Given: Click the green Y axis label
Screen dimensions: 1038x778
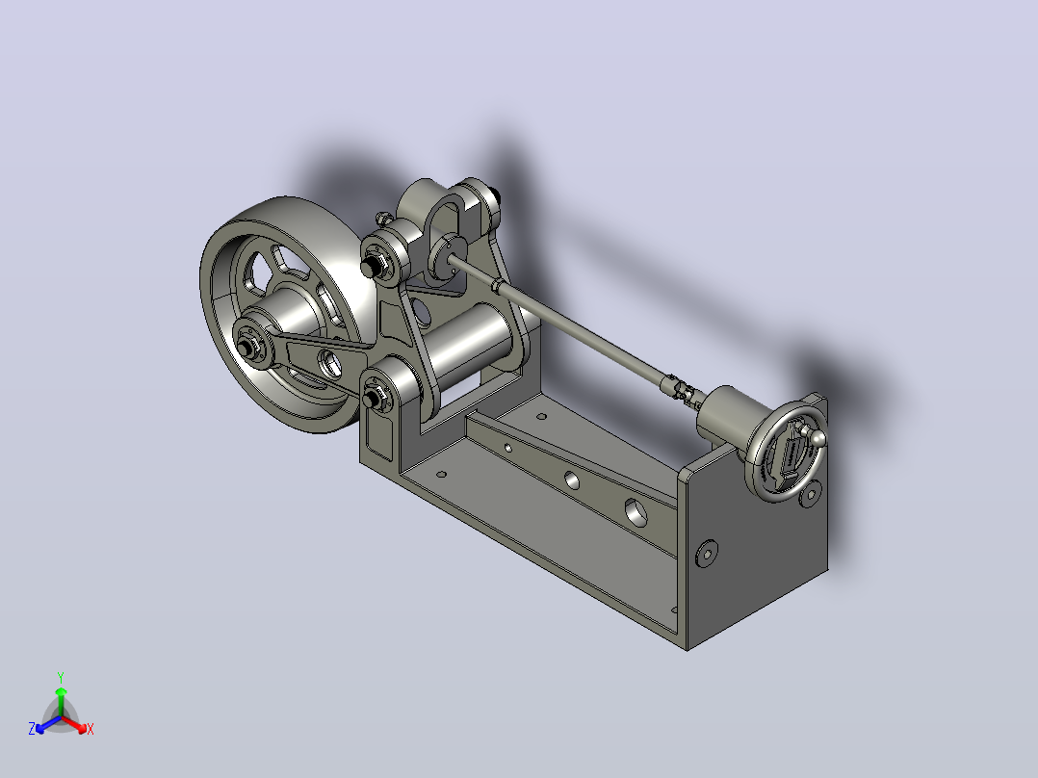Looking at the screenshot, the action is point(61,677).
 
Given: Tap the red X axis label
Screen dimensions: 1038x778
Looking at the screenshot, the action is point(91,729).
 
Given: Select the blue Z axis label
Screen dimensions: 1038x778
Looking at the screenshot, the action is point(32,728).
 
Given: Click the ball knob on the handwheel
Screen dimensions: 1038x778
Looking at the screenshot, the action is point(818,436).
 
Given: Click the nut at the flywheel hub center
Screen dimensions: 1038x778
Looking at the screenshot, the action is point(247,347).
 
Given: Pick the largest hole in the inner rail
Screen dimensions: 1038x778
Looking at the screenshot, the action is point(636,511).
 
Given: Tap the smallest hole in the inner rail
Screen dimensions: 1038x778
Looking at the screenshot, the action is point(507,449).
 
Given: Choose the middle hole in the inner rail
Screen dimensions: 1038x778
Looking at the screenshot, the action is point(571,480).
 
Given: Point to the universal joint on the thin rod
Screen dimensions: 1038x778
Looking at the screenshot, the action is point(679,388).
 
